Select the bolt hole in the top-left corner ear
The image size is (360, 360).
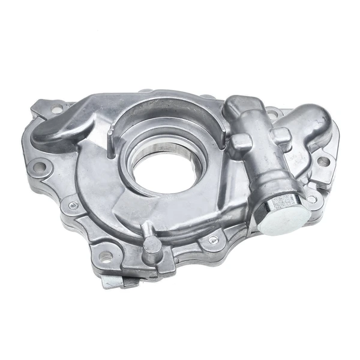[x=57, y=110]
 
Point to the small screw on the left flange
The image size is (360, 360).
[x=73, y=206]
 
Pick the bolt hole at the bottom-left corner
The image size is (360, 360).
[x=106, y=259]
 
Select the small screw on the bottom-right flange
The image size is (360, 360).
[x=213, y=240]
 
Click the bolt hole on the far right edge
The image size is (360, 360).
[x=323, y=161]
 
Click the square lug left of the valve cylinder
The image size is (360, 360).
[x=241, y=142]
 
